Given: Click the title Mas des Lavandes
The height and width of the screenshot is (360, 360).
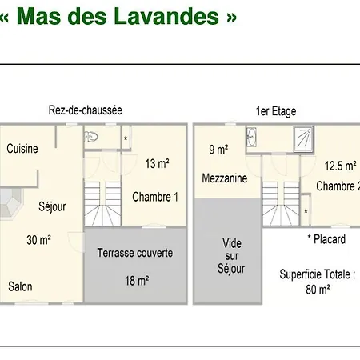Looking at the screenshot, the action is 118,17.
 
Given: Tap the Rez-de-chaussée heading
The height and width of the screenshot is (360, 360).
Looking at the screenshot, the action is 86,110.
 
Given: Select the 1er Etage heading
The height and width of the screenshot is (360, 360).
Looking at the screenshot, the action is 276,111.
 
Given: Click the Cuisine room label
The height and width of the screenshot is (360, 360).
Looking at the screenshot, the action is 22,149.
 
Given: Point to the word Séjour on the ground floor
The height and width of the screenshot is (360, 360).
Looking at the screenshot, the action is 52,206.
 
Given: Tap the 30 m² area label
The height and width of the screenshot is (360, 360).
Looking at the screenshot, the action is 39,240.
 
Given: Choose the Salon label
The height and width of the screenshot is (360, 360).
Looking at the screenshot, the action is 20,286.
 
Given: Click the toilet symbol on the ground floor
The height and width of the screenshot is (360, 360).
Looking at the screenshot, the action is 91,137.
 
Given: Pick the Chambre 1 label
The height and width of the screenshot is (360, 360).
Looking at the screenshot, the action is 155,197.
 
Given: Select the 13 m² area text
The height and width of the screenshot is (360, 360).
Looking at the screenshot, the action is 157,163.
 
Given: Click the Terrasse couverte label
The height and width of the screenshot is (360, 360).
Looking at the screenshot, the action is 135,253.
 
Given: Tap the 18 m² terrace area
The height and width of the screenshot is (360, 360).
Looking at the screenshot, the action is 137,281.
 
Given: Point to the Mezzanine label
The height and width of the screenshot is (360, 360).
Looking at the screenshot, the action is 225,178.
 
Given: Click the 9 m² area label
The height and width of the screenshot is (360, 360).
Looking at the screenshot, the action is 218,150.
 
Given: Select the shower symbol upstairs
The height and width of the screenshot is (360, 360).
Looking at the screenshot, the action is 303,139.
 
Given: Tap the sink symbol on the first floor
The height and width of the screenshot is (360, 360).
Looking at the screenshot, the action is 251,137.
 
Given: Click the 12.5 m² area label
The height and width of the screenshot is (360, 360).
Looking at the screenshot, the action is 341,166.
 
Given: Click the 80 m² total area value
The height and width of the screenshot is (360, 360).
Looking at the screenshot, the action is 318,290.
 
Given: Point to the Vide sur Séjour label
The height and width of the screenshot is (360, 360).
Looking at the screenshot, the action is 231,256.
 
